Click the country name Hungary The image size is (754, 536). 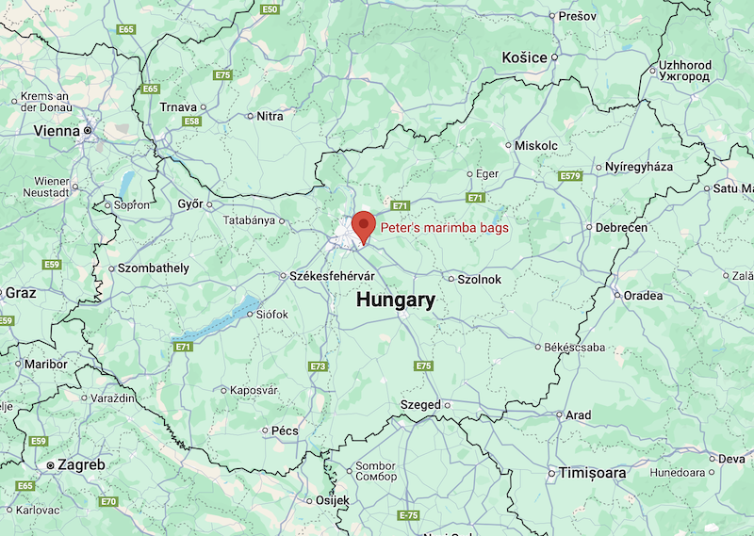tap(396, 300)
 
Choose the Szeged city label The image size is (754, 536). tap(420, 405)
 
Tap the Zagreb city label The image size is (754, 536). tap(81, 464)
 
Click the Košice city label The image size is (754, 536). tap(525, 57)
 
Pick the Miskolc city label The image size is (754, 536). tap(536, 146)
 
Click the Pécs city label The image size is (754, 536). tap(285, 430)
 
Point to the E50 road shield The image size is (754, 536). tap(270, 9)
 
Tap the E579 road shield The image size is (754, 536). tap(570, 175)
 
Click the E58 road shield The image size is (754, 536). tap(192, 122)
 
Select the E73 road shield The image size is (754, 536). tap(318, 366)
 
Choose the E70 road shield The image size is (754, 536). tap(108, 501)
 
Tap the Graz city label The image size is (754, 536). tap(20, 293)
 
